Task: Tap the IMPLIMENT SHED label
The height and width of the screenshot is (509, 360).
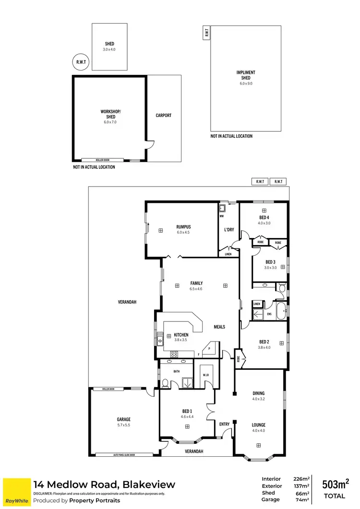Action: (246, 75)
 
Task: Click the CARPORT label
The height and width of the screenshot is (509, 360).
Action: (164, 116)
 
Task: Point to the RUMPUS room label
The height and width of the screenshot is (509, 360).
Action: (183, 227)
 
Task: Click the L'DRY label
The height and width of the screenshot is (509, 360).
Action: (229, 230)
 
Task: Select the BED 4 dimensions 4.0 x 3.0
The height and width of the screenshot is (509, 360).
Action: (264, 223)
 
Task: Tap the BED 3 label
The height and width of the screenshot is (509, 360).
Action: (270, 262)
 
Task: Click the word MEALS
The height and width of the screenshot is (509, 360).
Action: (219, 327)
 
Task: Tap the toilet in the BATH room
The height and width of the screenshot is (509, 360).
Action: (165, 383)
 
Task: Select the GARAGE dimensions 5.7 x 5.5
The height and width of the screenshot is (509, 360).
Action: (123, 426)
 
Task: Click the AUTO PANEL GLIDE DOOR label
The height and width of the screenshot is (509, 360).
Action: (124, 454)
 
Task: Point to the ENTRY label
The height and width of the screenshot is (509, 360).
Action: (225, 424)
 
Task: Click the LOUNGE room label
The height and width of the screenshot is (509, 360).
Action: (258, 425)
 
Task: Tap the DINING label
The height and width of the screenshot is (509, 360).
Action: (258, 393)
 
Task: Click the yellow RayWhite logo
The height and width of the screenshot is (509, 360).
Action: (16, 492)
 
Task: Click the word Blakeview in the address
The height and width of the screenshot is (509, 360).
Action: (149, 485)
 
